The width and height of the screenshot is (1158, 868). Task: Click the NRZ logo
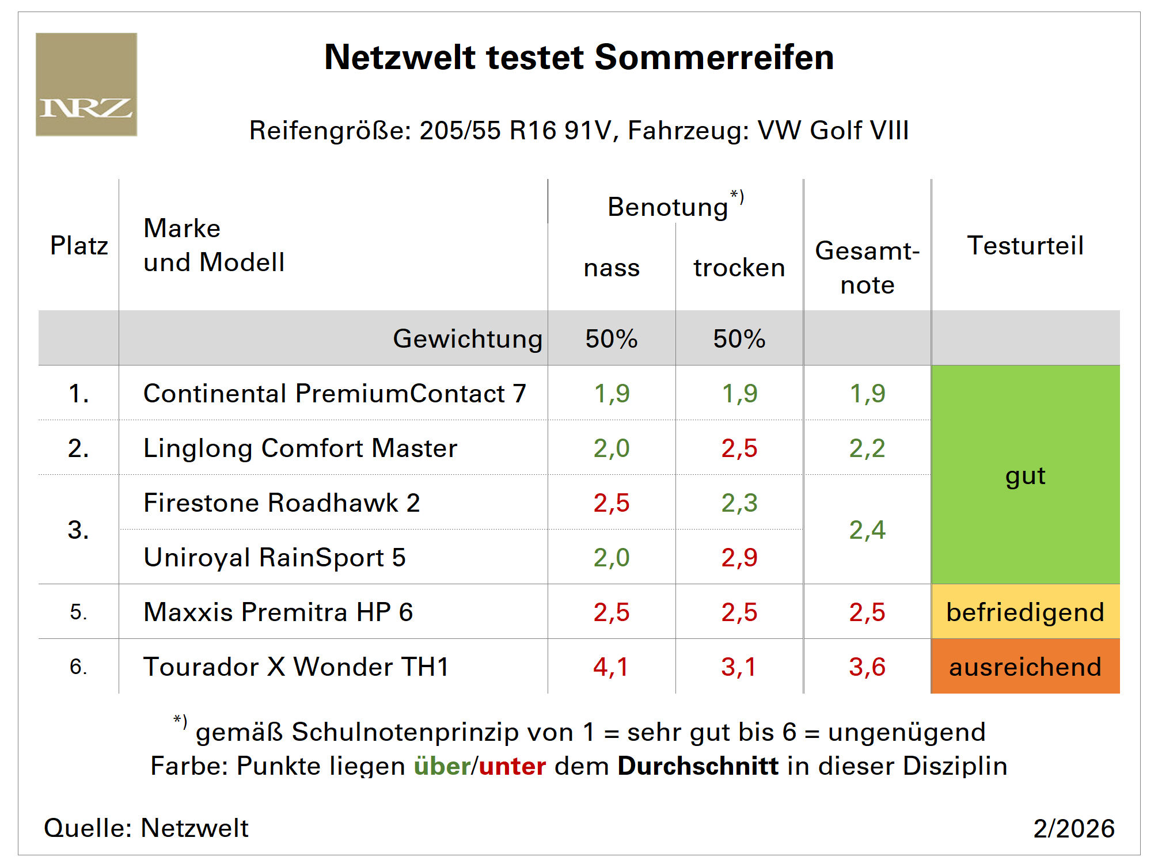click(x=86, y=85)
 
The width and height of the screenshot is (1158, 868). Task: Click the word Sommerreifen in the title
click(x=714, y=58)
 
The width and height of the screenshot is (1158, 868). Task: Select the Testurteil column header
click(x=1025, y=246)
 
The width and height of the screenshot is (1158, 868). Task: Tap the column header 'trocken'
click(x=739, y=268)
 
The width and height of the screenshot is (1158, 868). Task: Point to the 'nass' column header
click(x=612, y=268)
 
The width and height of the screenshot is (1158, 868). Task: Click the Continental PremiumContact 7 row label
click(x=335, y=394)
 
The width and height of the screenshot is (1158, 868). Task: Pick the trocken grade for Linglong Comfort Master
click(x=739, y=448)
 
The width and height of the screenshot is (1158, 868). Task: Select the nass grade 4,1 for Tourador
click(x=611, y=667)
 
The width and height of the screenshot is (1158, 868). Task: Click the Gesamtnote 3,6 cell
click(x=867, y=667)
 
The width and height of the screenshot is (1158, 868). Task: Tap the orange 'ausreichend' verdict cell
click(x=1025, y=667)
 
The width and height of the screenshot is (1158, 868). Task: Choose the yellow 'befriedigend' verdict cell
click(x=1025, y=612)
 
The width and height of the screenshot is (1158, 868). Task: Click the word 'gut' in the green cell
click(x=1025, y=477)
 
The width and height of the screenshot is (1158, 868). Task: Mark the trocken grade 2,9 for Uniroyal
click(x=739, y=558)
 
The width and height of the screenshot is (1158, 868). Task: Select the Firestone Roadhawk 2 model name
click(x=282, y=503)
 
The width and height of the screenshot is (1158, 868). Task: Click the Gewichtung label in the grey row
click(x=468, y=339)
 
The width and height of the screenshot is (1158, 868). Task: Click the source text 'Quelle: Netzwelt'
click(x=146, y=828)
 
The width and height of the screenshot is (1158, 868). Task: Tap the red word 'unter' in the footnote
click(x=512, y=767)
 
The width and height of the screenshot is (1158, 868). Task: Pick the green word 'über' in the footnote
click(x=442, y=767)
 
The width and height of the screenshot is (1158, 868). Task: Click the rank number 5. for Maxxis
click(x=78, y=612)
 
